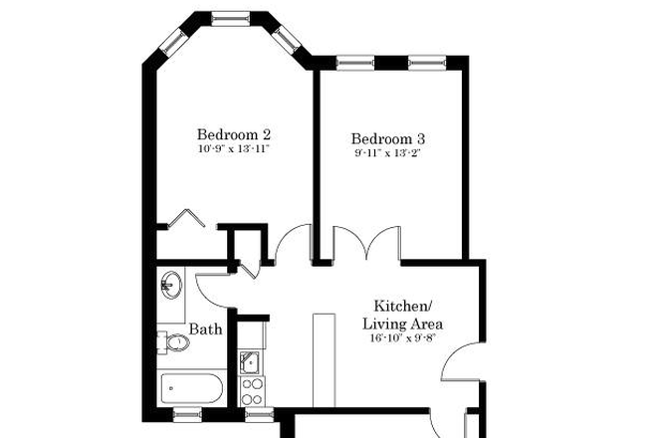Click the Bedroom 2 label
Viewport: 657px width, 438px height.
tap(234, 134)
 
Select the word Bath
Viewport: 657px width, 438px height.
tap(205, 329)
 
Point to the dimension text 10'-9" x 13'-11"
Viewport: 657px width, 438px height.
tap(234, 149)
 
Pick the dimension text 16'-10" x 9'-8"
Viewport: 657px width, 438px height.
tap(402, 338)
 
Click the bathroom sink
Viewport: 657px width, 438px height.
tap(170, 286)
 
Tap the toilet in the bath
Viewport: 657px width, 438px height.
tap(173, 342)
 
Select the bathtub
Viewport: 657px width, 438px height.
tap(193, 385)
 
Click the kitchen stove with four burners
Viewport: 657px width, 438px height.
tap(250, 386)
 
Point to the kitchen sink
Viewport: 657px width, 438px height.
tap(250, 361)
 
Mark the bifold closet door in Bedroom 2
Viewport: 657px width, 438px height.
tap(184, 220)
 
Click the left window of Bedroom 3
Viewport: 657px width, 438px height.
tap(353, 63)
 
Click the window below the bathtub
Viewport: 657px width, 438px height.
tap(187, 411)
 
